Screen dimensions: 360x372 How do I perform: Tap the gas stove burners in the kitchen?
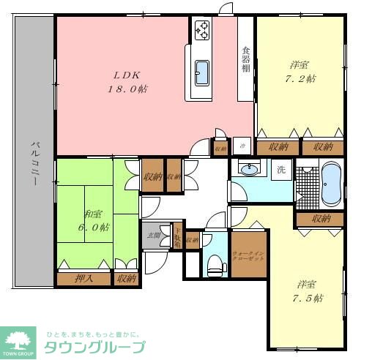[x=201, y=30]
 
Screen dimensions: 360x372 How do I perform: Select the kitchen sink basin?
[x=202, y=72]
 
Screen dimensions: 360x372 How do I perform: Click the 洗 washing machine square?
[x=281, y=170]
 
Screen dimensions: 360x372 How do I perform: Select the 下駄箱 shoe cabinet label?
[x=176, y=237]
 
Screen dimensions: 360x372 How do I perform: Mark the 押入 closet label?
[x=84, y=278]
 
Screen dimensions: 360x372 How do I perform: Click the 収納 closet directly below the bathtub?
[x=321, y=218]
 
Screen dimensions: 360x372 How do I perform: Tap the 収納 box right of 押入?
[x=126, y=278]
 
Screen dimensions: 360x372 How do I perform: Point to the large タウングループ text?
[x=94, y=347]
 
